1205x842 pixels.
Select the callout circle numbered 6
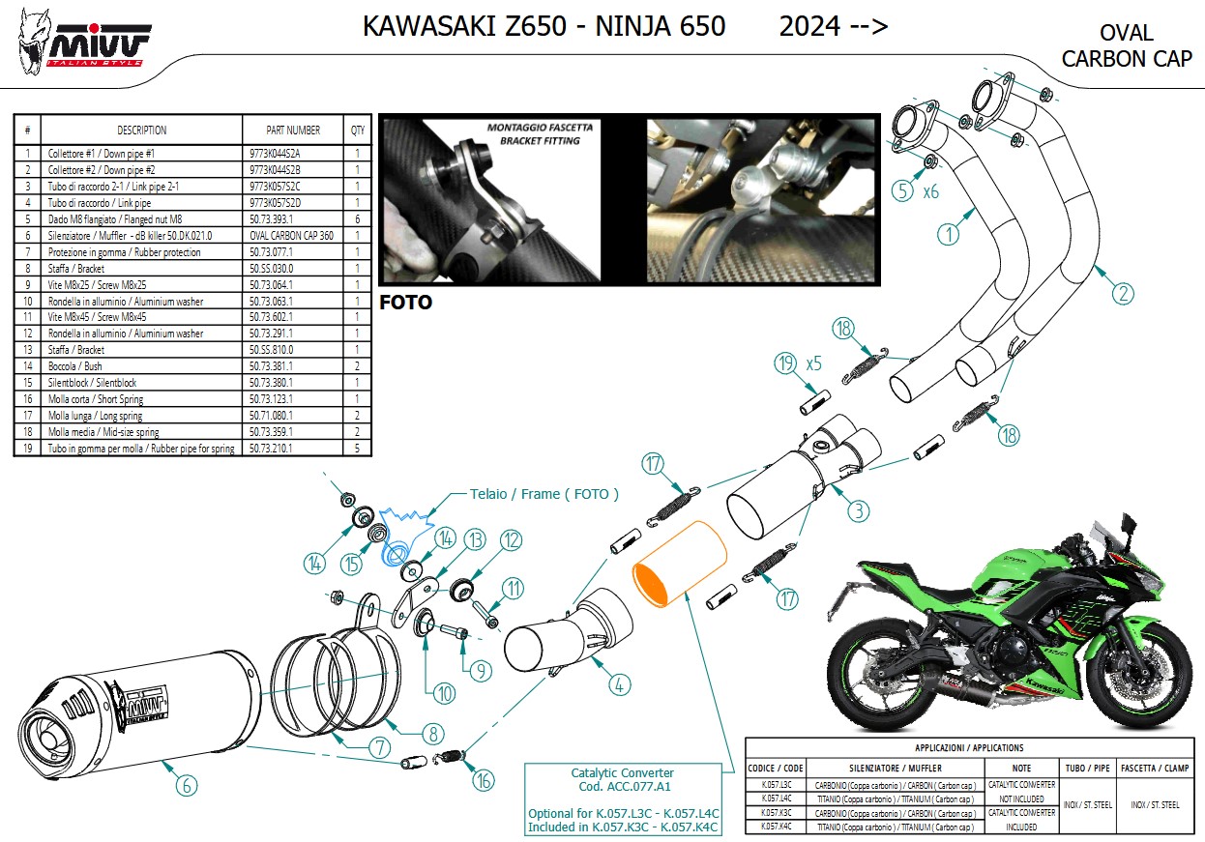coord(186,784)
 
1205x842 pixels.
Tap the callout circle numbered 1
coord(948,233)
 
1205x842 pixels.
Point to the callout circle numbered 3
coord(858,508)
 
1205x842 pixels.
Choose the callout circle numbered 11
coord(512,587)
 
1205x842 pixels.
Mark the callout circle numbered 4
coord(620,684)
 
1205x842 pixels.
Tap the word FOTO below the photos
coord(405,303)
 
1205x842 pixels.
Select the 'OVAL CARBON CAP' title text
coord(1127,46)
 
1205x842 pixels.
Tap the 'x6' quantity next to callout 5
coord(930,191)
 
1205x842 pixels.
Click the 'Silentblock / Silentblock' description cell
coord(92,383)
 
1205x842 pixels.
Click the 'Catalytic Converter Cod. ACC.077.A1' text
coord(623,779)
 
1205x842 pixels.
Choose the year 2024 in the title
coord(809,26)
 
